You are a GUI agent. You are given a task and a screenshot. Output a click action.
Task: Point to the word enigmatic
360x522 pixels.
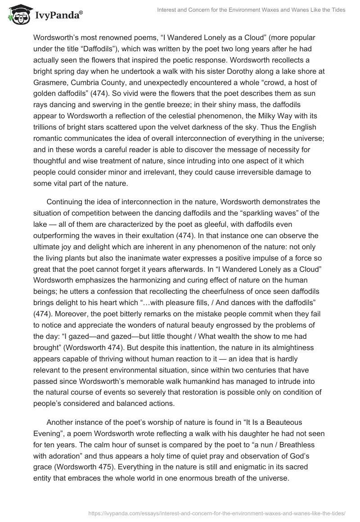pyautogui.click(x=180, y=469)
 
